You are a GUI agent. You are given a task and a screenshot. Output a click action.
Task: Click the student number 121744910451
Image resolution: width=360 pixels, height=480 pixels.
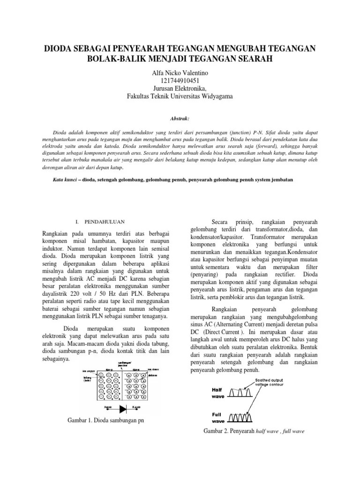pyautogui.click(x=180, y=81)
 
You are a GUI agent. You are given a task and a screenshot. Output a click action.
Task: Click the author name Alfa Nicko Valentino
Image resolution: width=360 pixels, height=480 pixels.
pyautogui.click(x=180, y=73)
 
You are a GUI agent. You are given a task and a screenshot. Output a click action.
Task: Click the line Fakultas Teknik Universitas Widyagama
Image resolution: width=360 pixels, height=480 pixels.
pyautogui.click(x=180, y=97)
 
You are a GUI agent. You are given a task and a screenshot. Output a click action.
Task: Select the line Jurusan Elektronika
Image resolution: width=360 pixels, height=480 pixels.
pyautogui.click(x=180, y=89)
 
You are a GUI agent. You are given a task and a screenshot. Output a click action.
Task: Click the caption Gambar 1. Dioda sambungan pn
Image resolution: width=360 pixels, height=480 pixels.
pyautogui.click(x=106, y=420)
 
